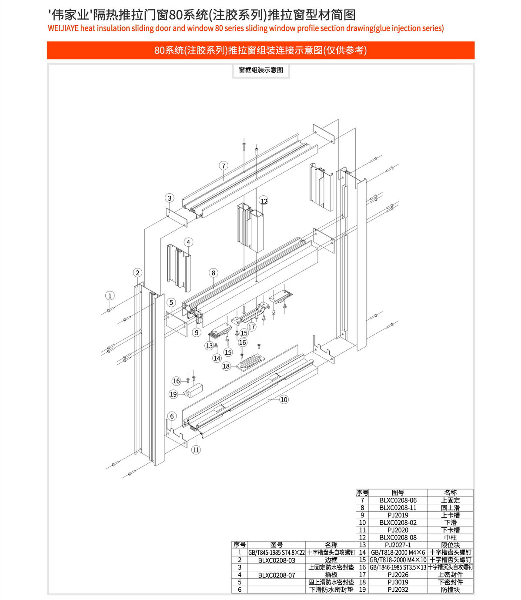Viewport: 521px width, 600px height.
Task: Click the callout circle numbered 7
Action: (x=224, y=166)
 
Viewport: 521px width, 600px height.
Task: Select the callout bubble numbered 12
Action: (x=264, y=201)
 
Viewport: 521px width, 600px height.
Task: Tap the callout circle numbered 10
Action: (x=284, y=399)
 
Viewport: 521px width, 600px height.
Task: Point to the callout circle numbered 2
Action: (x=137, y=273)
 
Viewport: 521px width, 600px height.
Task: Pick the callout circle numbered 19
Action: (x=174, y=394)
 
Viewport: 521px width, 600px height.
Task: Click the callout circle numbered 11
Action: (x=196, y=449)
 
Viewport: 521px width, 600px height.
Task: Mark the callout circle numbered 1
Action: (x=110, y=296)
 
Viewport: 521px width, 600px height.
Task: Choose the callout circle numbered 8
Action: (x=213, y=273)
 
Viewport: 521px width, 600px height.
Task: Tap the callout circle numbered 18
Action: (x=226, y=366)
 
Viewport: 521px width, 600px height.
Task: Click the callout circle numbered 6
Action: (x=172, y=416)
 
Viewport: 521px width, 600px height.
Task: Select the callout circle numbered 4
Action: (x=188, y=242)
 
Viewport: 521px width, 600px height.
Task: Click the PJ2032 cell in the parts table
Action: (x=398, y=590)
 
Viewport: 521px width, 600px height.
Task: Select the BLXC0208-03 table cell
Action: (x=277, y=560)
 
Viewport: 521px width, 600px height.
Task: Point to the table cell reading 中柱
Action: (x=450, y=537)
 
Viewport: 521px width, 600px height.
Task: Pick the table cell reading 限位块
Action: (x=450, y=545)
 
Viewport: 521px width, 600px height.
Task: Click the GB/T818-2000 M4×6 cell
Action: (x=398, y=552)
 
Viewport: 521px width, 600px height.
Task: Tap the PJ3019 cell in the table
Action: (x=398, y=582)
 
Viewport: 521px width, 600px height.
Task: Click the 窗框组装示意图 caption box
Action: (x=261, y=70)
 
